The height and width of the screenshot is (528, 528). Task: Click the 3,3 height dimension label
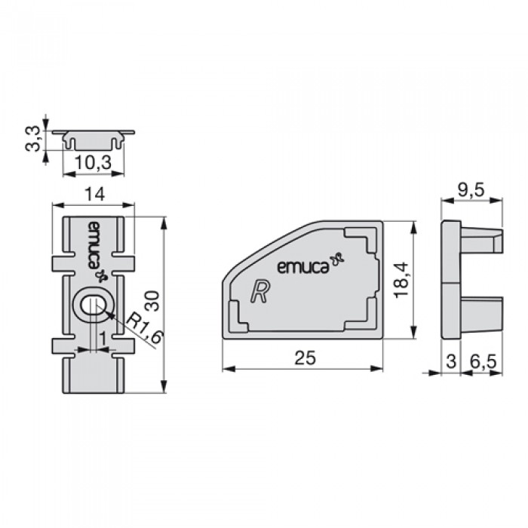pyautogui.click(x=34, y=139)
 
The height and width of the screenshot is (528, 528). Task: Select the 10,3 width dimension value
pyautogui.click(x=93, y=163)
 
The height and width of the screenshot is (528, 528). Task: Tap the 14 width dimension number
pyautogui.click(x=94, y=195)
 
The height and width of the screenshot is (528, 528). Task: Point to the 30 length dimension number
pyautogui.click(x=152, y=301)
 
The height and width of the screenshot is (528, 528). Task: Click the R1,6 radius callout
pyautogui.click(x=145, y=327)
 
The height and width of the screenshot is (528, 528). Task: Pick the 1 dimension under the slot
pyautogui.click(x=103, y=339)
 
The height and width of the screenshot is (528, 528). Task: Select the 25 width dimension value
pyautogui.click(x=305, y=358)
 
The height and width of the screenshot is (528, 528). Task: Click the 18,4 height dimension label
pyautogui.click(x=401, y=280)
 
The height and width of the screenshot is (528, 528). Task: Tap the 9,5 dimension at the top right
pyautogui.click(x=471, y=191)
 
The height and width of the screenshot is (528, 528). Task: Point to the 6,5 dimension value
pyautogui.click(x=483, y=361)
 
